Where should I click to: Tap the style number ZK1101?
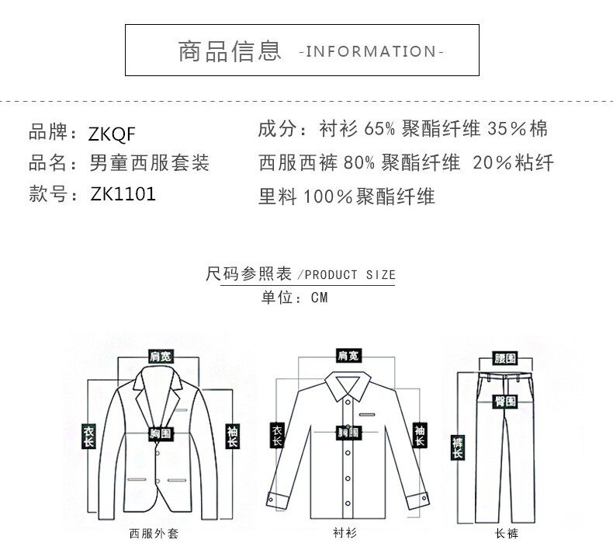point(123,194)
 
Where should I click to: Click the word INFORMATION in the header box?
point(371,52)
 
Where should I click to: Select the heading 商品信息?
point(230,51)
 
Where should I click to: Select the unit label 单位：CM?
point(295,298)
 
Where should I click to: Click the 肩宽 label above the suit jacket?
point(161,356)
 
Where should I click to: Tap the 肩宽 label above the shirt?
point(348,356)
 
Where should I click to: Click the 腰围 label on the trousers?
point(506,359)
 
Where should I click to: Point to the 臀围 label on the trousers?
point(505,401)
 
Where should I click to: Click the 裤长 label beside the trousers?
point(457,447)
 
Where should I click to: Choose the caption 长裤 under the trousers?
point(506,534)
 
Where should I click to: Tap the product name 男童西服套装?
point(150,163)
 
